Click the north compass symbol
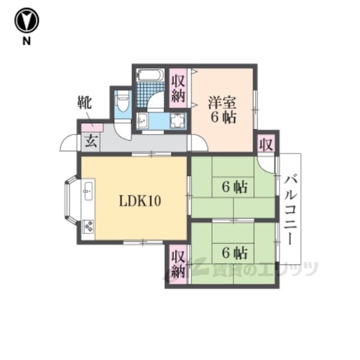pyautogui.click(x=26, y=20)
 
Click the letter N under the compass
pyautogui.click(x=26, y=41)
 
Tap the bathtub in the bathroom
pyautogui.click(x=150, y=75)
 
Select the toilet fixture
pyautogui.click(x=123, y=102)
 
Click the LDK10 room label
pyautogui.click(x=140, y=201)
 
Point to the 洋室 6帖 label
pyautogui.click(x=222, y=110)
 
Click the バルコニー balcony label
pyautogui.click(x=290, y=209)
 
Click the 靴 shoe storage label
pyautogui.click(x=84, y=102)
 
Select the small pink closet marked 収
pyautogui.click(x=266, y=144)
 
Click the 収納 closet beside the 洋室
pyautogui.click(x=178, y=88)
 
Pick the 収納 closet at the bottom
pyautogui.click(x=178, y=264)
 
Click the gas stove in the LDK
pyautogui.click(x=88, y=226)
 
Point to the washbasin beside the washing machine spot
pyautogui.click(x=143, y=121)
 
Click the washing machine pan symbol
pyautogui.click(x=178, y=121)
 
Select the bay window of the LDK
pyautogui.click(x=70, y=200)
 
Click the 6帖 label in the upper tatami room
pyautogui.click(x=235, y=187)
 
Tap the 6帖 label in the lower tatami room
pyautogui.click(x=235, y=253)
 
